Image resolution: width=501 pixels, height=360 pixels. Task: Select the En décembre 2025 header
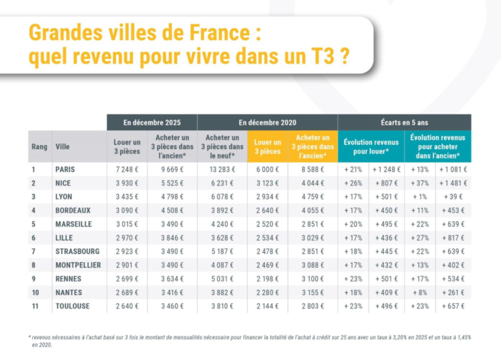tap(152, 123)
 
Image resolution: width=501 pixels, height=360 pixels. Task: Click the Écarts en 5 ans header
tap(404, 123)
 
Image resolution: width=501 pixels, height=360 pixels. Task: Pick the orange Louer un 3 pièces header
tap(267, 147)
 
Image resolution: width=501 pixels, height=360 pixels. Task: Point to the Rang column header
tap(39, 147)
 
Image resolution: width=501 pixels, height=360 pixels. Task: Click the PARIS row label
tap(65, 169)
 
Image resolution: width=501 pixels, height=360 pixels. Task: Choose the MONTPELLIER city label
tap(78, 265)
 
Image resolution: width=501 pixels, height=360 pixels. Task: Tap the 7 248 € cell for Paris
tap(127, 169)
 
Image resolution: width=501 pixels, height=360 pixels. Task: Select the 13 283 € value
tap(222, 169)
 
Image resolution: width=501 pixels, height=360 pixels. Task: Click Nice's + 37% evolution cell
tap(420, 183)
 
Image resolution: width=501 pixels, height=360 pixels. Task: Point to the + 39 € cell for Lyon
tap(453, 197)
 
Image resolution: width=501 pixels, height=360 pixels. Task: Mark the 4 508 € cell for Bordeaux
tap(171, 210)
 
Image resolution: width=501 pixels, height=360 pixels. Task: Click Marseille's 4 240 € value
tap(222, 224)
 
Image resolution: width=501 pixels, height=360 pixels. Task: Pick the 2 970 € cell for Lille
tap(127, 238)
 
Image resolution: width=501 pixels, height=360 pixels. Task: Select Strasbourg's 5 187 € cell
tap(222, 251)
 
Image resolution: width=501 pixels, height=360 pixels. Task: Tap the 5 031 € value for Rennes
tap(222, 279)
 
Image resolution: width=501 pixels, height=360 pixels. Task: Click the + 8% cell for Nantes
tap(420, 292)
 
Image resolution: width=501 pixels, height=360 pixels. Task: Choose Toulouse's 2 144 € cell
tap(267, 306)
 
